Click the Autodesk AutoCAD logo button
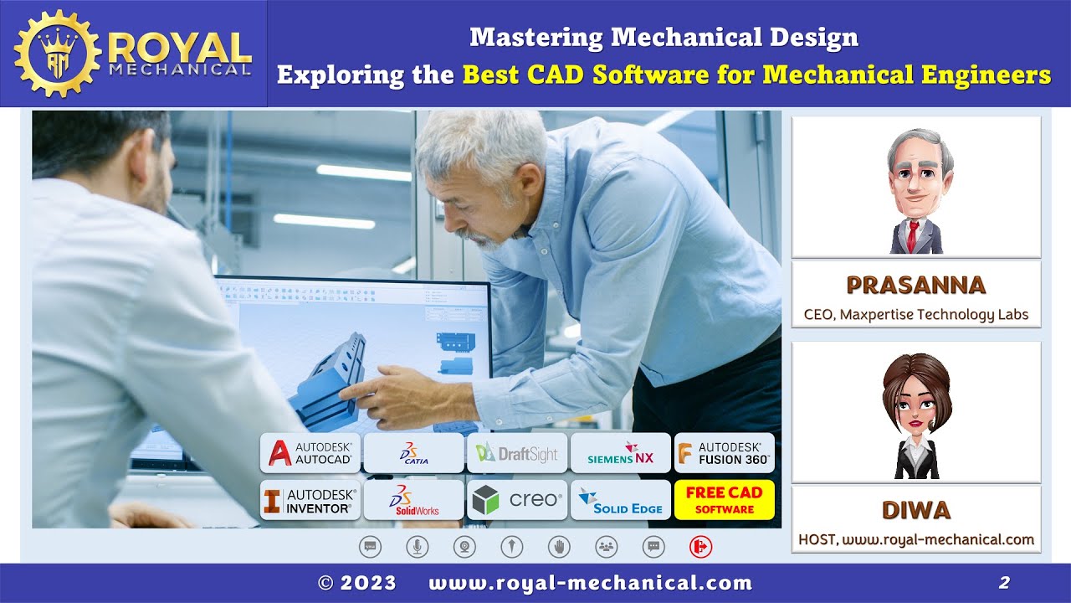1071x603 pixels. tap(310, 453)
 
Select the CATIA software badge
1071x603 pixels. tap(413, 453)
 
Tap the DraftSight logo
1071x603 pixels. tap(517, 453)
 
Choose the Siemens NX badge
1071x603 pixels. tap(620, 453)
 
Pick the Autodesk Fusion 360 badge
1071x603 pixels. tap(725, 453)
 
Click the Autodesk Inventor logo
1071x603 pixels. tap(310, 500)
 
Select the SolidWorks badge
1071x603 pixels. tap(413, 500)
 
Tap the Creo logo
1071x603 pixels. tap(517, 500)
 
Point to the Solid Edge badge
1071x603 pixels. tap(620, 500)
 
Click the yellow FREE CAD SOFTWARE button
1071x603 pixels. tap(725, 500)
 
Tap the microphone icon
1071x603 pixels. tap(417, 547)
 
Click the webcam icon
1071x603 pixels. tap(464, 547)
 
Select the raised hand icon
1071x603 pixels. tap(559, 547)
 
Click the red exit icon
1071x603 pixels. tap(700, 547)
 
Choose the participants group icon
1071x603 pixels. tap(607, 547)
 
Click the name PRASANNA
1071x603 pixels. tap(915, 286)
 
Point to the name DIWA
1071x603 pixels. tap(915, 510)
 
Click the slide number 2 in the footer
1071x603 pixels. tap(1004, 583)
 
